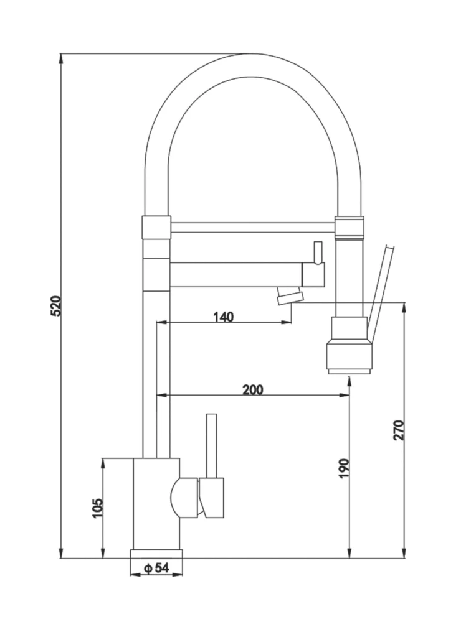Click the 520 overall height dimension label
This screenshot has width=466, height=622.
(55, 306)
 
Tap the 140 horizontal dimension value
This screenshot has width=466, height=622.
(223, 317)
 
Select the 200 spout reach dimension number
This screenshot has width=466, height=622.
(252, 389)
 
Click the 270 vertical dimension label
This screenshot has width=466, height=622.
(399, 430)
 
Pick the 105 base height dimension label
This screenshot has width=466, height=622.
(97, 508)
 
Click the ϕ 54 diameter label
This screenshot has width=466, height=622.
(156, 568)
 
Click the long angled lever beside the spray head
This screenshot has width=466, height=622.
(380, 292)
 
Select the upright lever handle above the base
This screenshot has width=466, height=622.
(211, 445)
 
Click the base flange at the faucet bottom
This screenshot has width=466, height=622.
(156, 554)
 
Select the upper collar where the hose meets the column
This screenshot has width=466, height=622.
(156, 227)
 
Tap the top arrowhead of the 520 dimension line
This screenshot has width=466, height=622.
(61, 58)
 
